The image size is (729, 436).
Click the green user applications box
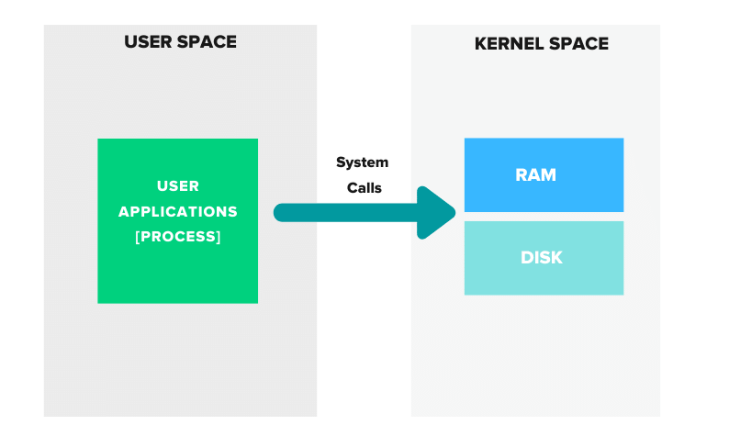pyautogui.click(x=177, y=266)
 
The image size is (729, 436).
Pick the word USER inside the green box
pyautogui.click(x=178, y=186)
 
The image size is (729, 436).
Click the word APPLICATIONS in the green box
pyautogui.click(x=178, y=211)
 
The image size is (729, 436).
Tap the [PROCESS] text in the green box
pyautogui.click(x=178, y=236)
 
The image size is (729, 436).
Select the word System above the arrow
pyautogui.click(x=362, y=162)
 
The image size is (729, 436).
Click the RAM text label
pyautogui.click(x=535, y=174)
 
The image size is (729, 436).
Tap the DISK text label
pyautogui.click(x=541, y=258)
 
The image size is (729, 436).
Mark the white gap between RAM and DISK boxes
pyautogui.click(x=544, y=217)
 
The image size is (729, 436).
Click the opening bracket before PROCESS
pyautogui.click(x=138, y=236)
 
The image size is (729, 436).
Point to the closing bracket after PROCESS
pyautogui.click(x=219, y=236)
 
